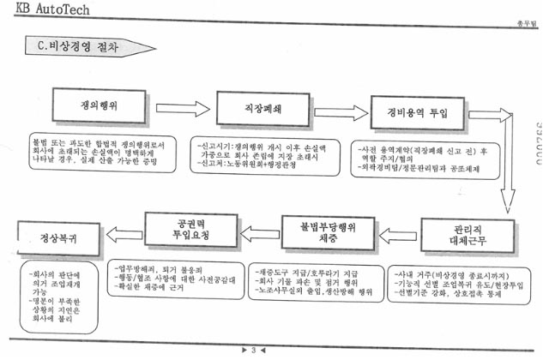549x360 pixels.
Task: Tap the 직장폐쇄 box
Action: point(258,110)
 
